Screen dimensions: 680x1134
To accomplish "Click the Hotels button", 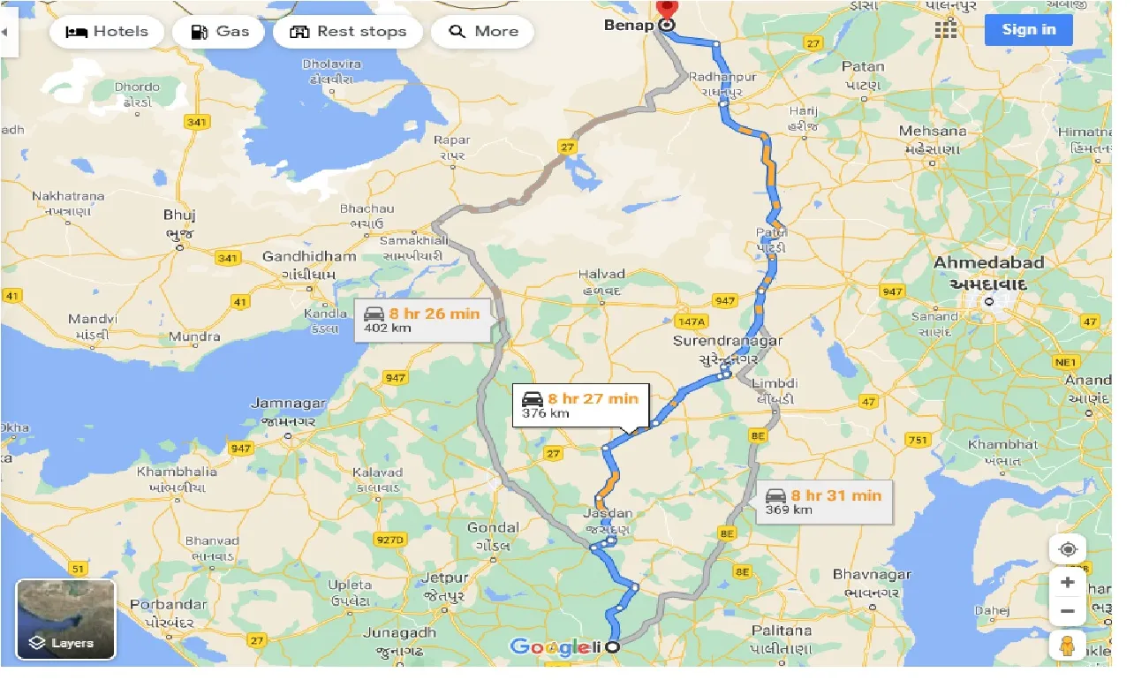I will (108, 32).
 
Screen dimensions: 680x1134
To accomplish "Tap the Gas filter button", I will (219, 32).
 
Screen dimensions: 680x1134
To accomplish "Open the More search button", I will (482, 32).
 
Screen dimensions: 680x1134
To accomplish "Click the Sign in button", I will (1028, 29).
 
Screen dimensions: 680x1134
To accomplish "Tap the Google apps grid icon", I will (945, 29).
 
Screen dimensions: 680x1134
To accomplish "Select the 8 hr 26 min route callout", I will (423, 321).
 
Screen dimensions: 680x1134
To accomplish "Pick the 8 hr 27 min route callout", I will (581, 406).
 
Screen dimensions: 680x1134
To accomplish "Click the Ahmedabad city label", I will (988, 263).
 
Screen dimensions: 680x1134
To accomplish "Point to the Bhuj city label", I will (179, 215).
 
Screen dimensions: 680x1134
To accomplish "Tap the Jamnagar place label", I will (288, 404).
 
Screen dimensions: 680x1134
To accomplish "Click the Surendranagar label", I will (728, 341).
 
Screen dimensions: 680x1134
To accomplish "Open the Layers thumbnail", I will (65, 619).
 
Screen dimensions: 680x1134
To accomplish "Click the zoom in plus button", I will (1067, 582).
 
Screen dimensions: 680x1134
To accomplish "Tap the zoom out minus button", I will (1067, 611).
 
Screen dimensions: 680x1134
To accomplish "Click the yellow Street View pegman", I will (1067, 646).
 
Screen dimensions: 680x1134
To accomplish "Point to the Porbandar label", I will (168, 605).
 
